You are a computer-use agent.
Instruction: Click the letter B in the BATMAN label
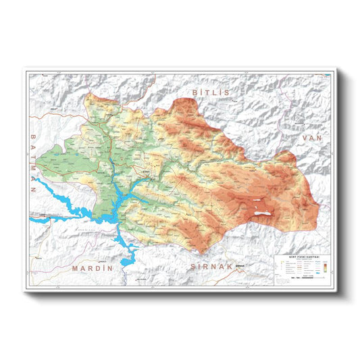[x=32, y=137]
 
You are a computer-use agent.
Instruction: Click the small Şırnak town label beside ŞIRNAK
[x=239, y=268]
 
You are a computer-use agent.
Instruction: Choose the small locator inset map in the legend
[x=281, y=267]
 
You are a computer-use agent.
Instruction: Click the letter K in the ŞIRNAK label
[x=230, y=267]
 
